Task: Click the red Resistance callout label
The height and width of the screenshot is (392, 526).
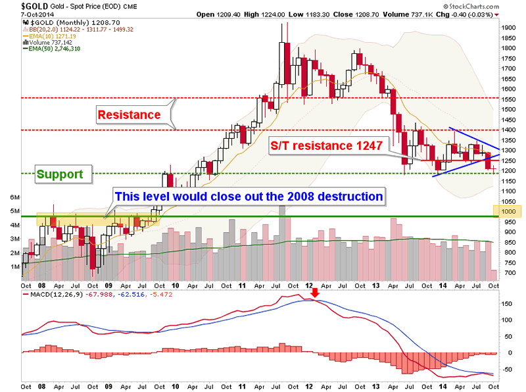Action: pyautogui.click(x=130, y=115)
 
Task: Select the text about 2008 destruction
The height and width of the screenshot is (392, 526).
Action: pyautogui.click(x=249, y=195)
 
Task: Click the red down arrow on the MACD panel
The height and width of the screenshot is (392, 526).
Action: pyautogui.click(x=315, y=293)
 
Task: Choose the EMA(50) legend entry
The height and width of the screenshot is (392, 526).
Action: pyautogui.click(x=53, y=49)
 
